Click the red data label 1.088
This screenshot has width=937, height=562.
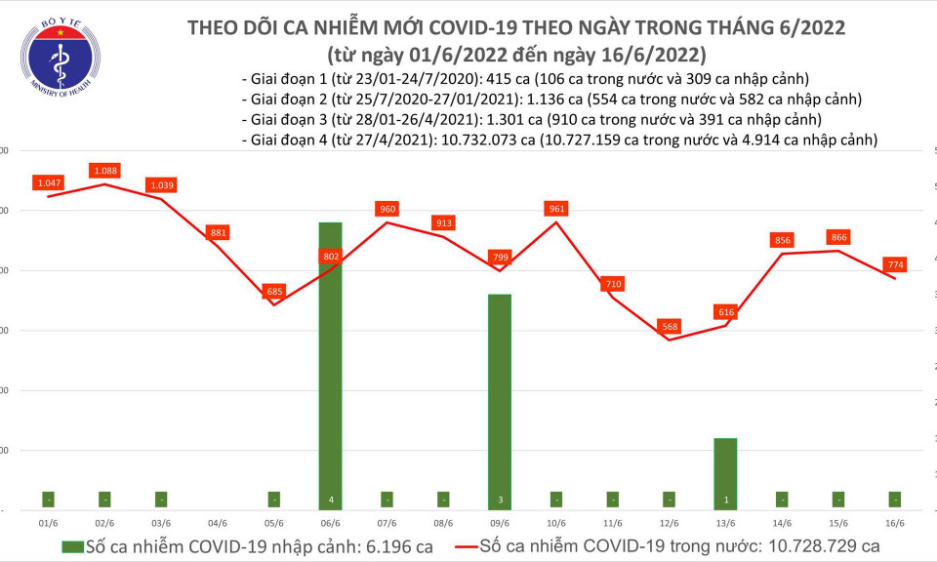(x=104, y=171)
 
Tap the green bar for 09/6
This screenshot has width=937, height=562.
(x=499, y=400)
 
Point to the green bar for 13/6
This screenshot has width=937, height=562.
(x=725, y=473)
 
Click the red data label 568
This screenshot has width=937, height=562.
(x=669, y=326)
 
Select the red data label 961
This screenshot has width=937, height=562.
(x=556, y=209)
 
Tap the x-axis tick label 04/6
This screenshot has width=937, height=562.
(x=218, y=523)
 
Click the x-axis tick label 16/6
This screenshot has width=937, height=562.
(x=895, y=523)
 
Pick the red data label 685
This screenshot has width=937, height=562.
(x=274, y=291)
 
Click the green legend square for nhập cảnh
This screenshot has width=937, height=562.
(x=73, y=546)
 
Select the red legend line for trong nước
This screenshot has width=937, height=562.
(x=475, y=546)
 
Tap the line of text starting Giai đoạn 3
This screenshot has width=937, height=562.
(x=530, y=119)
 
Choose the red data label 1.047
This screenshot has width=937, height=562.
(x=48, y=182)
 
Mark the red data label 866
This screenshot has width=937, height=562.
(x=838, y=237)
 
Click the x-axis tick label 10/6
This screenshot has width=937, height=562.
(x=556, y=523)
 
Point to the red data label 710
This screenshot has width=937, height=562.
(x=612, y=283)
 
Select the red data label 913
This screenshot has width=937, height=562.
(x=443, y=222)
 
